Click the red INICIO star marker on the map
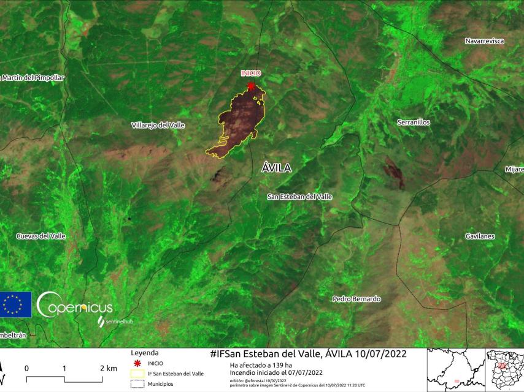[250, 86]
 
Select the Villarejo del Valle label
[158, 125]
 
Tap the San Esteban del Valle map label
[300, 197]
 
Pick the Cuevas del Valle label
[40, 236]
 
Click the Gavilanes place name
[480, 236]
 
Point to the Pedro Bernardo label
[356, 299]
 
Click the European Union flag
[15, 304]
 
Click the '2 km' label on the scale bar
[108, 368]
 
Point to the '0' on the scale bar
[27, 368]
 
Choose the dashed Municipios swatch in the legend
[137, 384]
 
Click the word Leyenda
[145, 353]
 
